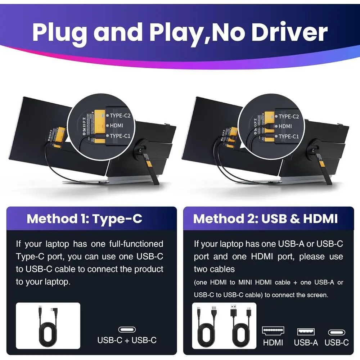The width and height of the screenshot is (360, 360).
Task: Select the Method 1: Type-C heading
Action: [x=84, y=219]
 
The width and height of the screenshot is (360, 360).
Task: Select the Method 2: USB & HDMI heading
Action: [x=265, y=219]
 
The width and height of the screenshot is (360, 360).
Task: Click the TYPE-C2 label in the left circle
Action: [x=120, y=116]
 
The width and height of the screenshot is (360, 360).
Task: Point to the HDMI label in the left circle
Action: [x=116, y=126]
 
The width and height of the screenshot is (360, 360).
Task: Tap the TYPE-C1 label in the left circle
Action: [x=120, y=136]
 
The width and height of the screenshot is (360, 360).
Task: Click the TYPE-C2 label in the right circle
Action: [x=289, y=117]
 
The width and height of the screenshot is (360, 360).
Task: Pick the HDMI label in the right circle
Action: [x=285, y=126]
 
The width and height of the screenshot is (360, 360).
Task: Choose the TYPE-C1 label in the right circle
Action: [x=289, y=136]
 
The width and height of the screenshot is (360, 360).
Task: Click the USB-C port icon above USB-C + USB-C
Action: [x=127, y=329]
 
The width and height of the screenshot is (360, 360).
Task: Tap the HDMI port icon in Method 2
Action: [x=273, y=331]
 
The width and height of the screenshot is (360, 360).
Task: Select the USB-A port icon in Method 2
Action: [x=306, y=332]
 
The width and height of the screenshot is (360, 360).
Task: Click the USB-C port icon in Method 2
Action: [x=337, y=332]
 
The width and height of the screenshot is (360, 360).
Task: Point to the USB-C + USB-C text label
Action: [x=127, y=340]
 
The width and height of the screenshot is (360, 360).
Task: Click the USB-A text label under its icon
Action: [x=306, y=343]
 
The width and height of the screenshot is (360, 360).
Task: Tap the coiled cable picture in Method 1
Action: [x=48, y=325]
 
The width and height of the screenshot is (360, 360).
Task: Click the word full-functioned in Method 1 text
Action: [x=136, y=244]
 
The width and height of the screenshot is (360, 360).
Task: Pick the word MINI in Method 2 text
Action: [x=245, y=282]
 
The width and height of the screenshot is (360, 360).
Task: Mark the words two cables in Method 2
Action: [x=214, y=269]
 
